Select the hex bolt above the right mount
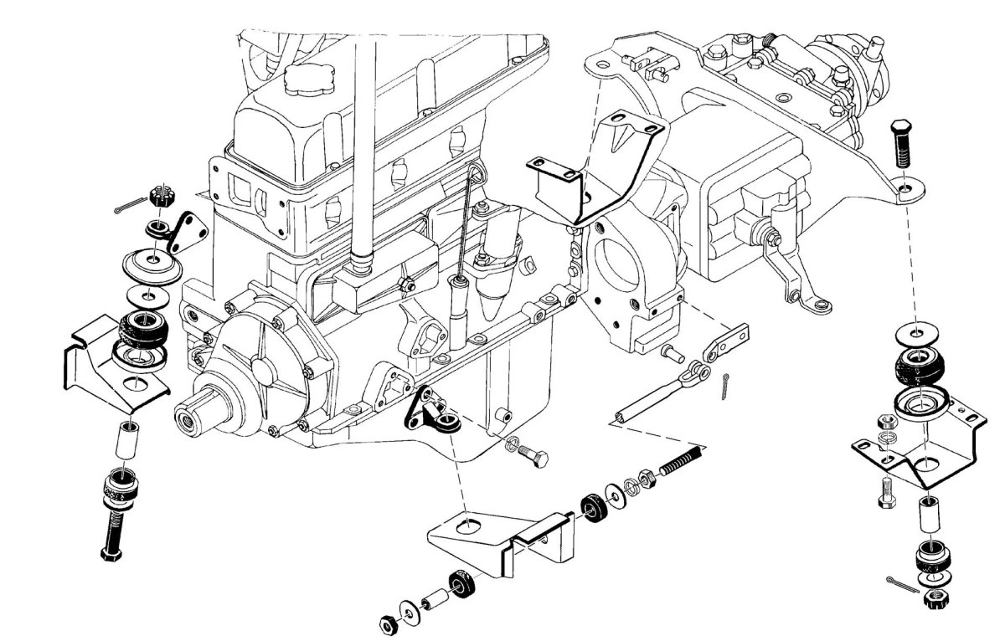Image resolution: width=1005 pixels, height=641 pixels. [x=900, y=143]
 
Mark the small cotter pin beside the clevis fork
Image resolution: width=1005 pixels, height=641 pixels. [x=724, y=387]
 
